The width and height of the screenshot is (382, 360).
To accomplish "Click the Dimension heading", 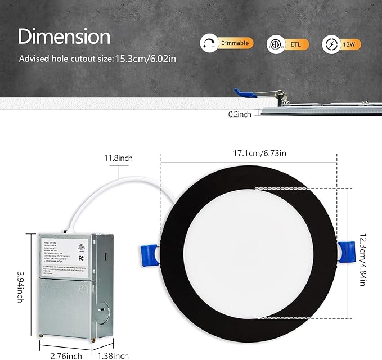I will pyautogui.click(x=64, y=37).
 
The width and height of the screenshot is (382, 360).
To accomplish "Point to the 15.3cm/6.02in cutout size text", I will pyautogui.click(x=148, y=58).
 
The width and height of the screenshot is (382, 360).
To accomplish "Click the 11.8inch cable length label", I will pyautogui.click(x=118, y=159).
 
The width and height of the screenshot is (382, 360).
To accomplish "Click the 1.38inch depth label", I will pyautogui.click(x=113, y=355).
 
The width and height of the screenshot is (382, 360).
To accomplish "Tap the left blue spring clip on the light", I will pyautogui.click(x=147, y=253).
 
